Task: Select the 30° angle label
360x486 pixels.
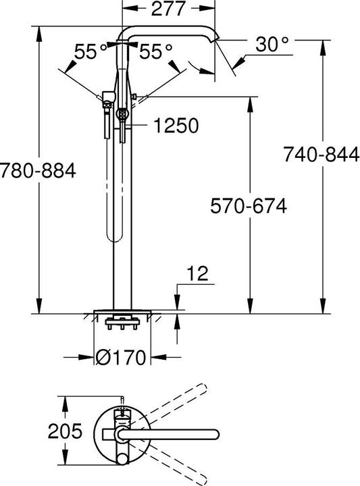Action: coord(272,45)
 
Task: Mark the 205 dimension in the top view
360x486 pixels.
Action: coord(65,429)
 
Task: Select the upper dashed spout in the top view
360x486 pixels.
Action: coord(169,405)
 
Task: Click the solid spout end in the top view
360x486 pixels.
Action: coord(215,430)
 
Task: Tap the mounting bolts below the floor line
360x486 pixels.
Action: coord(122,327)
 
